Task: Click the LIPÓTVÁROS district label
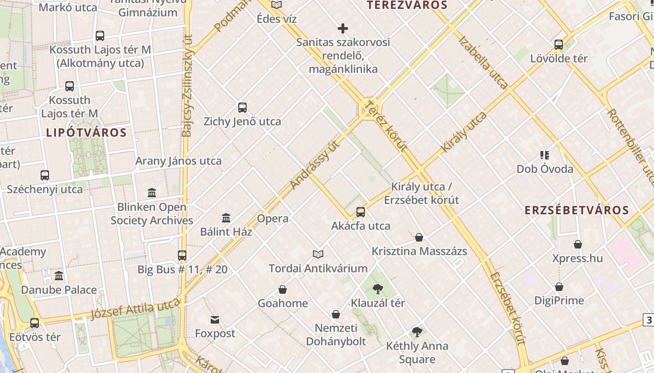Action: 86,133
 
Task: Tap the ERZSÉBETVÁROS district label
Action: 577,210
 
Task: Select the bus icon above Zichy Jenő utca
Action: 242,108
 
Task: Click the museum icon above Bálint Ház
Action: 227,218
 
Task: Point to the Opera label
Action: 273,219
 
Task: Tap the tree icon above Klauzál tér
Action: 378,289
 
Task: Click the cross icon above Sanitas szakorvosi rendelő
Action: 343,28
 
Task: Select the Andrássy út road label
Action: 314,164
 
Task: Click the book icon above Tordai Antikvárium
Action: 318,254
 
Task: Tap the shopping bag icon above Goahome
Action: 283,290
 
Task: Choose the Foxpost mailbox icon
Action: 215,320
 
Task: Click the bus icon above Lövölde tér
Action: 559,45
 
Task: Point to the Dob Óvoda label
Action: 545,169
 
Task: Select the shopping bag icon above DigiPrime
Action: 559,287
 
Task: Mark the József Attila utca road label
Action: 135,309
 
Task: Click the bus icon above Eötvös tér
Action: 35,323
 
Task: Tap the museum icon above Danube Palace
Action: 59,276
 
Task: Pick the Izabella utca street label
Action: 483,62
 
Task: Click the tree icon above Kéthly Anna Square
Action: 417,332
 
